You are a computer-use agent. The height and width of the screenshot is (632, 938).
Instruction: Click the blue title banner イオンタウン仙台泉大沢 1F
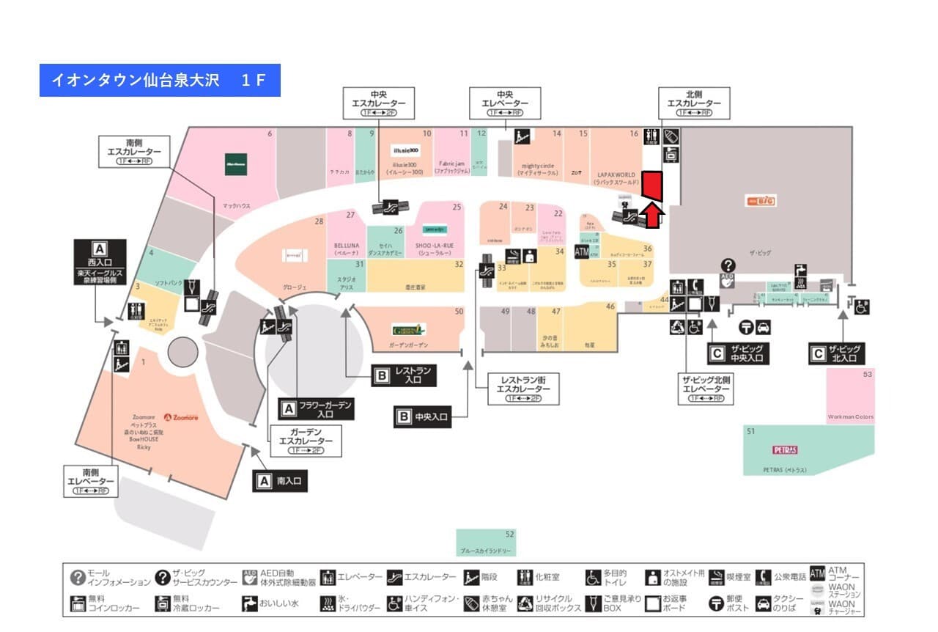point(160,81)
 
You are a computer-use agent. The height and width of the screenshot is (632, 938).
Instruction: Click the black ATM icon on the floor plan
point(582,252)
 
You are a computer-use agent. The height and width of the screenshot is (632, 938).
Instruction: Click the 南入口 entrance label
point(280,481)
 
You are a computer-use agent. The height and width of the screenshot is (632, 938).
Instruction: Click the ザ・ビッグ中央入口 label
point(736,353)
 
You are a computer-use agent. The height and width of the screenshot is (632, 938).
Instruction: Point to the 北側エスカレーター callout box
point(694,103)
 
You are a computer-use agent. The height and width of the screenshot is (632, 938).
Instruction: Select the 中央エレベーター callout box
point(506,103)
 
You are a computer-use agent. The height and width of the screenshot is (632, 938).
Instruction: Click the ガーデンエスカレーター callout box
point(306,441)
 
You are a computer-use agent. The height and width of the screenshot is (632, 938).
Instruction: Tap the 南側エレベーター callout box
point(90,481)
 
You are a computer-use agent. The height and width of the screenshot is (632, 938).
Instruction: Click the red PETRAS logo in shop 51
point(785,449)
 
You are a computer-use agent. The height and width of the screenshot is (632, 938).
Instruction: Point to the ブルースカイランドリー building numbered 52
point(486,543)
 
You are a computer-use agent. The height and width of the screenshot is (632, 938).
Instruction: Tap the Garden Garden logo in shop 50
point(408,329)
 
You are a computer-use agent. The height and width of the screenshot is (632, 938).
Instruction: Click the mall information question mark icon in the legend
point(78,578)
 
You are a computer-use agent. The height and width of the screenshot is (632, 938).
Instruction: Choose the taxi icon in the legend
point(763,603)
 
